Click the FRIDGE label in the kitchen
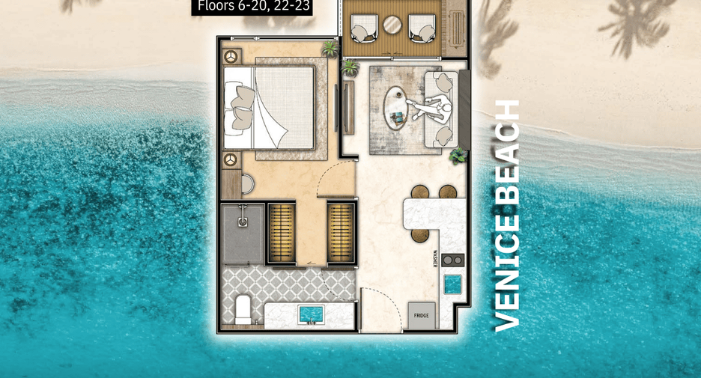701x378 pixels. click(421, 315)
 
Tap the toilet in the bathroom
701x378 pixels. click(243, 308)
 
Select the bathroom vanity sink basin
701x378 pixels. click(312, 314)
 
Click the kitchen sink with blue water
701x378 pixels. click(452, 284)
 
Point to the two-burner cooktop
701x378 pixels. click(452, 260)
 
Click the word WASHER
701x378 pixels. click(434, 259)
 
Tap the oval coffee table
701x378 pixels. click(395, 108)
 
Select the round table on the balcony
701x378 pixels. click(392, 25)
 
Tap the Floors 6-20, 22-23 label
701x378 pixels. click(252, 7)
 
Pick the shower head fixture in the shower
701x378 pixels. click(243, 216)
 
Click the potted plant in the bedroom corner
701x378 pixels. click(330, 49)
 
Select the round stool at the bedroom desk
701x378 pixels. click(247, 183)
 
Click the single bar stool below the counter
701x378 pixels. click(420, 234)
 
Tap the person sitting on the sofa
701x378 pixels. click(431, 108)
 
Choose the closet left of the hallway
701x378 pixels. click(281, 232)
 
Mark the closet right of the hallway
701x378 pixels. click(341, 232)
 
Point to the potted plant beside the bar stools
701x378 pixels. click(458, 156)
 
